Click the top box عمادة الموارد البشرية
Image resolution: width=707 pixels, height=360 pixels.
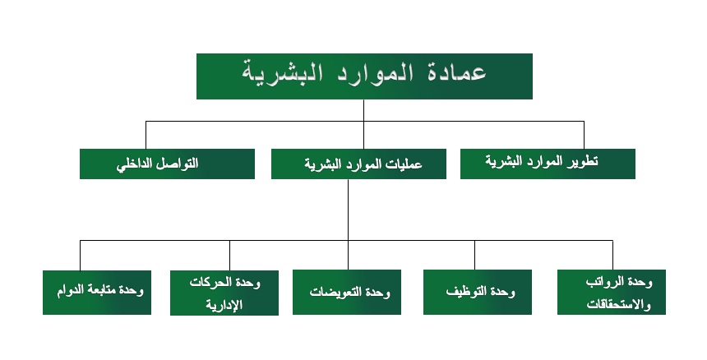pyautogui.click(x=364, y=76)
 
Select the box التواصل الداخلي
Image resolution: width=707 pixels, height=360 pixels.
pyautogui.click(x=167, y=164)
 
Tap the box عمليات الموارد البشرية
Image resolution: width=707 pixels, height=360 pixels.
pyautogui.click(x=358, y=164)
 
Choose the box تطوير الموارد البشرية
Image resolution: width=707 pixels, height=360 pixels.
pyautogui.click(x=548, y=164)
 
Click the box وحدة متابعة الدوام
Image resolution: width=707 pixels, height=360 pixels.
pyautogui.click(x=97, y=293)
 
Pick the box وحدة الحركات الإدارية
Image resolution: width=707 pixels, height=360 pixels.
pyautogui.click(x=224, y=293)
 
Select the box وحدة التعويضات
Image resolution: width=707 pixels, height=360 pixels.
pyautogui.click(x=347, y=292)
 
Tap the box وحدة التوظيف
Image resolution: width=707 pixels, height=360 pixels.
pyautogui.click(x=478, y=292)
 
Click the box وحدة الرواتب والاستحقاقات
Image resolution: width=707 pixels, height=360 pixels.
pyautogui.click(x=612, y=292)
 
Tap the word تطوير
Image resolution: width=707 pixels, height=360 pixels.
pyautogui.click(x=583, y=161)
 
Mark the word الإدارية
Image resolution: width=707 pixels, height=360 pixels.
pyautogui.click(x=224, y=305)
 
